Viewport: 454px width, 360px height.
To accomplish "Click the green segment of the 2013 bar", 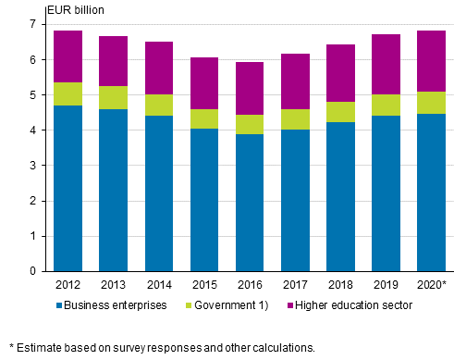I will point(114,97).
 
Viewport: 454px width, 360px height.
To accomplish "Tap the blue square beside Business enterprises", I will point(59,304).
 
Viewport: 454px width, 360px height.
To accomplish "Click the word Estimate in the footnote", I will point(37,348).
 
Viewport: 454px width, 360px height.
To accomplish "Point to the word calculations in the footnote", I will point(283,348).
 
